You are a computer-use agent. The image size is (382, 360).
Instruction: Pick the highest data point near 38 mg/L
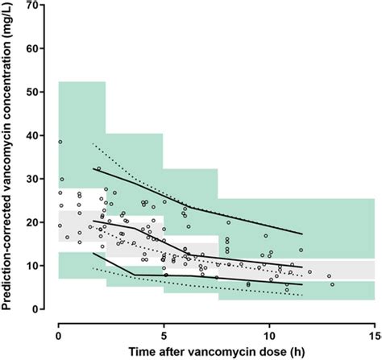pyautogui.click(x=60, y=143)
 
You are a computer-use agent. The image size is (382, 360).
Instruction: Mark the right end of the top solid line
pyautogui.click(x=301, y=234)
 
